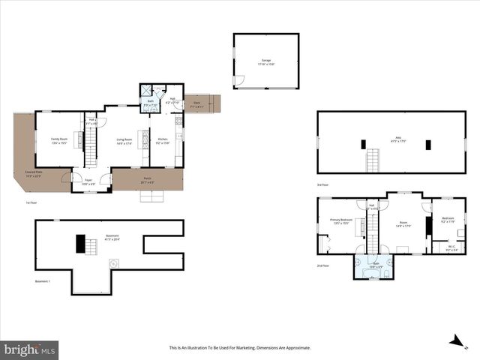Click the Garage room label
pos(265,61)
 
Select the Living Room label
pos(124,141)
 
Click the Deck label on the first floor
pos(196,104)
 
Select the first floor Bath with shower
pos(150,99)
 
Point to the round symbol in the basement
pos(114,263)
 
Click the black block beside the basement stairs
pos(80,244)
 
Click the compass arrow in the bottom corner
pos(454,343)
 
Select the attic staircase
pos(371,160)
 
